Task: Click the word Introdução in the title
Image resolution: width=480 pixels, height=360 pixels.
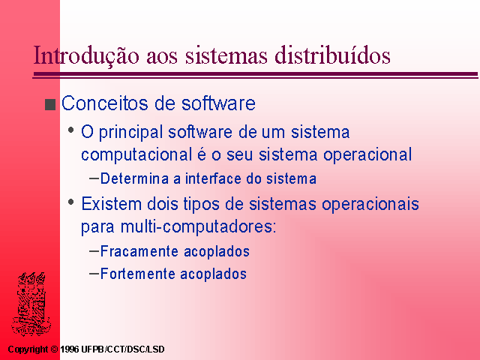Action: pos(86,55)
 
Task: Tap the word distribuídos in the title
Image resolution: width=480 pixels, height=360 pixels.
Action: pos(332,55)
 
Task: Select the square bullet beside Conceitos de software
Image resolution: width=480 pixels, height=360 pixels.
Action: pos(50,104)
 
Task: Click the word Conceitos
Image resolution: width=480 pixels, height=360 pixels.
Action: pos(105,103)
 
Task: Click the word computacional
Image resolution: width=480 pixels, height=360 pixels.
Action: pos(136,154)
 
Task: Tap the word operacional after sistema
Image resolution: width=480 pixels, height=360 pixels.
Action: pos(367,155)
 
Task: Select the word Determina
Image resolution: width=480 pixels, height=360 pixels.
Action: pos(134,178)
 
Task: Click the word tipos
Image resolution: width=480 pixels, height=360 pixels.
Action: pos(202,205)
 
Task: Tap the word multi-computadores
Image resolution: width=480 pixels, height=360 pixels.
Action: pos(198,226)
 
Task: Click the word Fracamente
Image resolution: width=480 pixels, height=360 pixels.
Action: pos(139,251)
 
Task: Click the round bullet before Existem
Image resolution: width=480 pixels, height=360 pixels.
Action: pos(71,202)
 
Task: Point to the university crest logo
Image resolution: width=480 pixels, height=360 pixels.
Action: pos(31,304)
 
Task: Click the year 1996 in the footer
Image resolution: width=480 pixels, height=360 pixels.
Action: pos(70,349)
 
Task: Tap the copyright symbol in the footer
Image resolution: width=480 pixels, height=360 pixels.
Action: pos(54,349)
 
